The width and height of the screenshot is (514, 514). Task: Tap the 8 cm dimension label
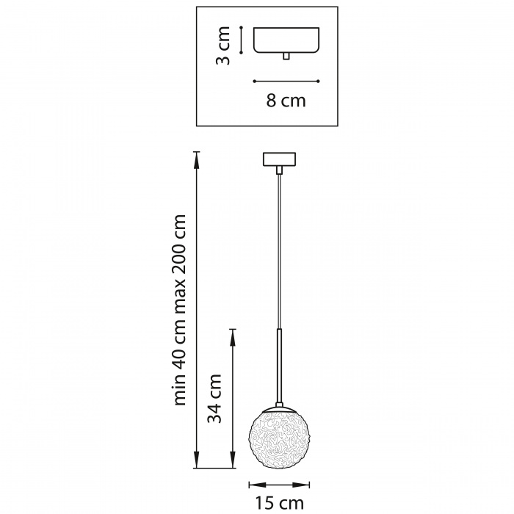click(286, 101)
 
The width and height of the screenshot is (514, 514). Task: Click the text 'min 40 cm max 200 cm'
click(181, 309)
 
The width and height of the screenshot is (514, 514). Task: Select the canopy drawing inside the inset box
click(286, 40)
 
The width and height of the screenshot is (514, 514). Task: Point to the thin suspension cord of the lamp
click(279, 250)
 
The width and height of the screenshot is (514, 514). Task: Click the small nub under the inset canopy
click(286, 57)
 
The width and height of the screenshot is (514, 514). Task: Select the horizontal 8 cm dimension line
click(286, 81)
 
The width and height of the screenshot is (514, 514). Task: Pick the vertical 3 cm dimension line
click(242, 40)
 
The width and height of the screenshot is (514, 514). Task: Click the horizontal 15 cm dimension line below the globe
click(279, 484)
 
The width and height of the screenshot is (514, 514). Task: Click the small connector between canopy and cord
click(279, 170)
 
